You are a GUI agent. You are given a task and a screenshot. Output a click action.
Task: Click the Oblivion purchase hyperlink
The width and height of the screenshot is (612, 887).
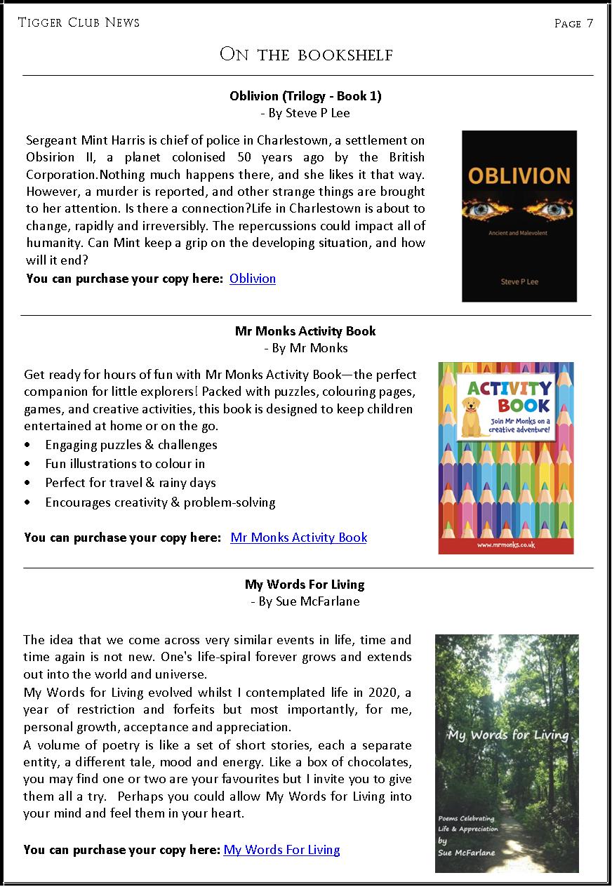click(253, 279)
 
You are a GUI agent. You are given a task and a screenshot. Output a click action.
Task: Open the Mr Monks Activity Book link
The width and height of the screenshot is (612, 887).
click(298, 538)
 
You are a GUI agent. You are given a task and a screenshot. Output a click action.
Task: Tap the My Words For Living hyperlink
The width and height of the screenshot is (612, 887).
click(281, 850)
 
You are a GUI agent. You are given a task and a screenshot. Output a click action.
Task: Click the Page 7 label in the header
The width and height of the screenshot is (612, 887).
click(573, 23)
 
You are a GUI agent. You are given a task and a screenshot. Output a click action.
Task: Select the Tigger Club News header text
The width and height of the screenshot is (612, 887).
click(79, 22)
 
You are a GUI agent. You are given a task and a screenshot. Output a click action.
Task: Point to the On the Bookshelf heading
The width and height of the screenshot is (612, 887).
click(306, 55)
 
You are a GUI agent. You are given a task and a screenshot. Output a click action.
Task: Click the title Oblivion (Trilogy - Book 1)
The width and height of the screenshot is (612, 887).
click(305, 96)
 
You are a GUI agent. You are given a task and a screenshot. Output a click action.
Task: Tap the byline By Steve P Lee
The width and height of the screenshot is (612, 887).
click(305, 113)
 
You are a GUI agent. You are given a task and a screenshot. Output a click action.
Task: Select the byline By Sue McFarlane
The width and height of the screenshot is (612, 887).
click(305, 601)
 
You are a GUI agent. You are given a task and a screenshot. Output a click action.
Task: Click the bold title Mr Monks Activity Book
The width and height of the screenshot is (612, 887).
click(305, 331)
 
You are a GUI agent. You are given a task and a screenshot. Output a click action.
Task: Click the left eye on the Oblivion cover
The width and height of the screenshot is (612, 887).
click(488, 208)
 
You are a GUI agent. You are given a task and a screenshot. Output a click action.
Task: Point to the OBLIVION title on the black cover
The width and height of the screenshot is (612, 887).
click(519, 175)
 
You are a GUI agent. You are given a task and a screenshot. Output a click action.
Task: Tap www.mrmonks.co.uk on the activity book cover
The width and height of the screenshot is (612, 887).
click(506, 545)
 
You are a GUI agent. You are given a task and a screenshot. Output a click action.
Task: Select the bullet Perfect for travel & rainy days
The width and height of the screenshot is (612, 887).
click(131, 483)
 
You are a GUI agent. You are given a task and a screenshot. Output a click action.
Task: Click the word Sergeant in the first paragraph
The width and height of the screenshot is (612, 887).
click(51, 140)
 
